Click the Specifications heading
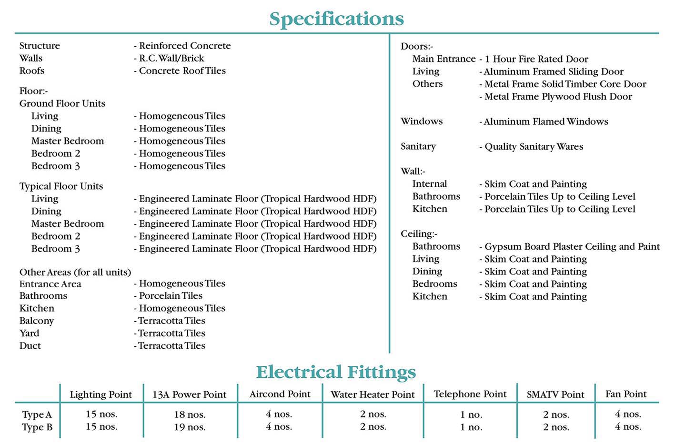point(336,19)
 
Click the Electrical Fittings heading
point(336,372)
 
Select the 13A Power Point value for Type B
point(190,427)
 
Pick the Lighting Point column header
point(101,394)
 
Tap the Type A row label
point(37,415)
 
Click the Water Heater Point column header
point(373,394)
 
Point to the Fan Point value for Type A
point(628,414)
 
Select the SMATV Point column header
point(555,394)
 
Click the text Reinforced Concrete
point(184,46)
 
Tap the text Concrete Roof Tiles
point(182,71)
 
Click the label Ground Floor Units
point(62,103)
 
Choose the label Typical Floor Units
point(61,186)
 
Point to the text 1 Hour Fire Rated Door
point(536,59)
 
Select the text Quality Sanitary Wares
point(534,147)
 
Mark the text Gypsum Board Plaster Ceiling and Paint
point(572,247)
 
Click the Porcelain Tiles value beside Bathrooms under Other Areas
point(171,296)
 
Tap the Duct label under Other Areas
point(30,346)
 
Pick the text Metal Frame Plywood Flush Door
point(558,97)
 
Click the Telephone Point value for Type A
point(471,415)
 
